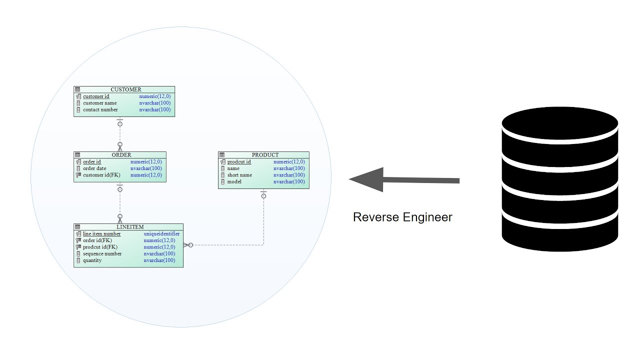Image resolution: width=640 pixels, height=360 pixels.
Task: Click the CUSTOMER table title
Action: [125, 89]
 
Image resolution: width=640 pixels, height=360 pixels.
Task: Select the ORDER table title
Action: [121, 155]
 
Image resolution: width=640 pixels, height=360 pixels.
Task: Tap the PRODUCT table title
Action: [265, 155]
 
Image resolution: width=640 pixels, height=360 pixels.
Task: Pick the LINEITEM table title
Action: [129, 227]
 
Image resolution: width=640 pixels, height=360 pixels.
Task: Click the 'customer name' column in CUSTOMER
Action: [99, 103]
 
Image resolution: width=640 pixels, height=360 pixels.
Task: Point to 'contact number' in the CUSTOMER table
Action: [100, 109]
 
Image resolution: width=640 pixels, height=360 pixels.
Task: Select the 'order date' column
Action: [94, 168]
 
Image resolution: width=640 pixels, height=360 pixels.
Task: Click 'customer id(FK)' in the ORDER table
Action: [101, 175]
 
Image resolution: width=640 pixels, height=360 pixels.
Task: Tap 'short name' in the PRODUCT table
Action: [239, 175]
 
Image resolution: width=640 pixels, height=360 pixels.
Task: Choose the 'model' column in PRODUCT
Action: [234, 181]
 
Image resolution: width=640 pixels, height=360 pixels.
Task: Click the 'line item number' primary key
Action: [101, 234]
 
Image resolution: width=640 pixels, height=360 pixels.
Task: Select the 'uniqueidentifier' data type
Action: [161, 234]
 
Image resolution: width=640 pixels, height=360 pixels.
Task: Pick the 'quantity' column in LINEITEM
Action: [92, 260]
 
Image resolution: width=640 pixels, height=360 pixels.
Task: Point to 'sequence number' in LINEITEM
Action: [102, 253]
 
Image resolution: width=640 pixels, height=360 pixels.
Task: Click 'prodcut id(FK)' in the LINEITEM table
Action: [100, 247]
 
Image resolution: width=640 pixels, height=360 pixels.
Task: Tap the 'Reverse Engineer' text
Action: [402, 217]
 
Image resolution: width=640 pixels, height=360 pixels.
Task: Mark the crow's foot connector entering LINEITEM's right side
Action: [187, 245]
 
